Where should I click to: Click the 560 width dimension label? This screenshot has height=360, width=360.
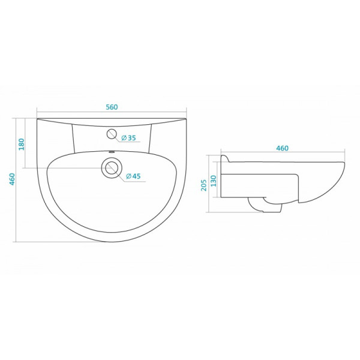pyautogui.click(x=112, y=107)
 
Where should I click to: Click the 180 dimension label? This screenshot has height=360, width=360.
pyautogui.click(x=22, y=144)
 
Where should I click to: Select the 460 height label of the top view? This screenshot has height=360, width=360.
pyautogui.click(x=12, y=179)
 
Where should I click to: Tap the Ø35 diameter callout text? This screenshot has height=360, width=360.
pyautogui.click(x=128, y=138)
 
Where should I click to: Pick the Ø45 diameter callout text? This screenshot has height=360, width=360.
pyautogui.click(x=133, y=176)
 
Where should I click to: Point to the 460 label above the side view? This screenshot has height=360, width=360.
pyautogui.click(x=282, y=148)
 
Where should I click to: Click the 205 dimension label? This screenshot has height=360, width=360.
pyautogui.click(x=204, y=185)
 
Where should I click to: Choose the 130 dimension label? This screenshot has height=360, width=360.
pyautogui.click(x=214, y=181)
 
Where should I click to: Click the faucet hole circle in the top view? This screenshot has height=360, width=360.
pyautogui.click(x=112, y=134)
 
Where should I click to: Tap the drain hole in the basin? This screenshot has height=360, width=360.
pyautogui.click(x=112, y=167)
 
